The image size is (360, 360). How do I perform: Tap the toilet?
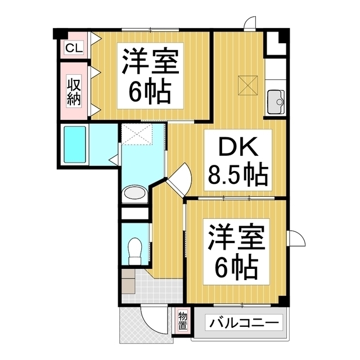tap(134, 251)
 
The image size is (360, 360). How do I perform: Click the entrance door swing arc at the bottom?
tap(152, 324)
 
